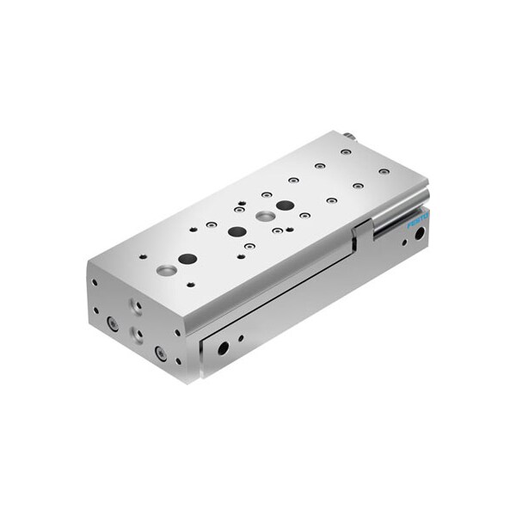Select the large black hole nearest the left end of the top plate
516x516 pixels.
(187, 259)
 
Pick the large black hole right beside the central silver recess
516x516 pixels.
(284, 206)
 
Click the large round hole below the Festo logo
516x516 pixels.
(419, 234)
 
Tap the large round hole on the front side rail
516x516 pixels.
(223, 348)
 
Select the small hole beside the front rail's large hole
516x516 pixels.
(240, 338)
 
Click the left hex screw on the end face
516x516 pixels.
(113, 323)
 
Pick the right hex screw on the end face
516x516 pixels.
(160, 352)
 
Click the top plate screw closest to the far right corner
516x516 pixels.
(384, 171)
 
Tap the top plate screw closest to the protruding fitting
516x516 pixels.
(346, 151)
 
